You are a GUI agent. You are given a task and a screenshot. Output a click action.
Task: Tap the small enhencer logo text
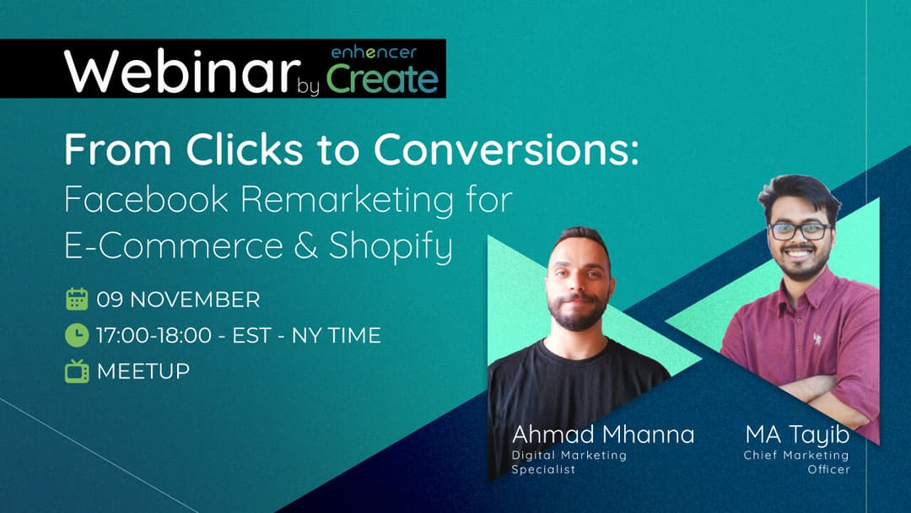[373, 52]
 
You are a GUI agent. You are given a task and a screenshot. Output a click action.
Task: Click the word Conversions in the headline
[506, 151]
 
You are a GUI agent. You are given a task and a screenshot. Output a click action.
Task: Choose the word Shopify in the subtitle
[391, 246]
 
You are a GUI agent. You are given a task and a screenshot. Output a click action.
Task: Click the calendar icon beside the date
[77, 300]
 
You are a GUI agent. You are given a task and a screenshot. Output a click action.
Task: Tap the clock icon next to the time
[77, 336]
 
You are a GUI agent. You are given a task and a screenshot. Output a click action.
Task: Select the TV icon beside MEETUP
[77, 371]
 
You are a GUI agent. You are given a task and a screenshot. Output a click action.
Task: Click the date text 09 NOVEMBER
[178, 300]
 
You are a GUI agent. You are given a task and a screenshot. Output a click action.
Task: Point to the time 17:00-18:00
[154, 336]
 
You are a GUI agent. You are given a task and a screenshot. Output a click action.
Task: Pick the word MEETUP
[143, 371]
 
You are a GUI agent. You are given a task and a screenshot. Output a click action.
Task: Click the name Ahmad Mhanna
[603, 435]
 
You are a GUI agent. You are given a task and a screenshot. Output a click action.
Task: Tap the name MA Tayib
[797, 435]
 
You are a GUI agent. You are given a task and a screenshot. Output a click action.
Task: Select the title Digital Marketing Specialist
[569, 462]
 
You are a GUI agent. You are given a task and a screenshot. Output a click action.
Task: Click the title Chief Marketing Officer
[797, 462]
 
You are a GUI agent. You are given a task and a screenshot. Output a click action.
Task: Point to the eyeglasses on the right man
[799, 230]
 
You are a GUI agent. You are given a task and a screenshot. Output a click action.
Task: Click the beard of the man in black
[578, 315]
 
